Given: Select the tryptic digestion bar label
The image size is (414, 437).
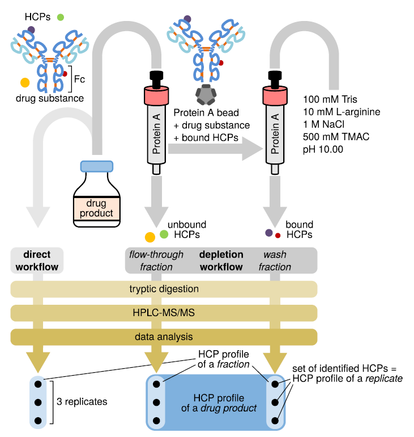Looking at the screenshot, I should click(x=164, y=289).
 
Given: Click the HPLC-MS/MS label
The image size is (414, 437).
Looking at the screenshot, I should click(x=164, y=313).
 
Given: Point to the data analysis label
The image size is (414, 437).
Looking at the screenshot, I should click(x=164, y=337).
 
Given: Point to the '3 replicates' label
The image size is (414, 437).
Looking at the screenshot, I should click(x=82, y=402).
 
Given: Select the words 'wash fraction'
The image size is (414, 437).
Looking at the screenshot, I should click(x=277, y=260).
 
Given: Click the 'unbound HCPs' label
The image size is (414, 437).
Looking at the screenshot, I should click(x=187, y=229).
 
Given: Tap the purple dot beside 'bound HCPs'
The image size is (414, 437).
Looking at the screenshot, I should click(x=269, y=232).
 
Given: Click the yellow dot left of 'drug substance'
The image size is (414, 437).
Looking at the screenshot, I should click(x=25, y=83).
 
